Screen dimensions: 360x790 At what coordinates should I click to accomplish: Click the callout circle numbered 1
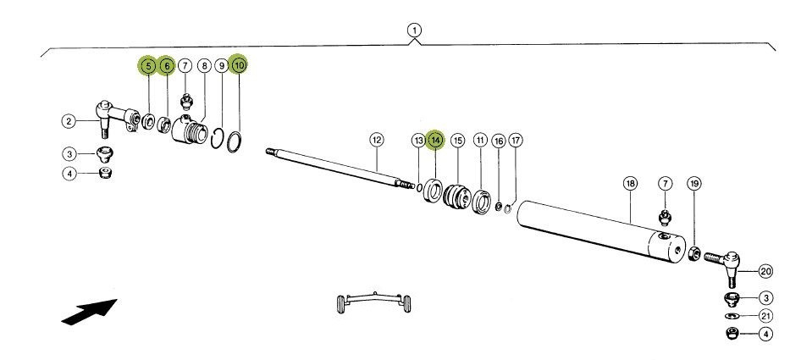[414, 30]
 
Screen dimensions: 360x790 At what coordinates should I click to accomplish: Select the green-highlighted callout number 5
[148, 64]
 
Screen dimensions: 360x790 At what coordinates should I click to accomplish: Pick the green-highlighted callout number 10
[239, 64]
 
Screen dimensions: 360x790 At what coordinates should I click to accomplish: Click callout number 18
[630, 183]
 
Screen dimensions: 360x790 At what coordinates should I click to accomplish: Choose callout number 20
[765, 272]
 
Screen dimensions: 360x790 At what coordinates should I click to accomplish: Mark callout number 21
[765, 316]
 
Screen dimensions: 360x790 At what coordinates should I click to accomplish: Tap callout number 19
[693, 183]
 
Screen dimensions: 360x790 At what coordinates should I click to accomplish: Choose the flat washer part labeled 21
[730, 316]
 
